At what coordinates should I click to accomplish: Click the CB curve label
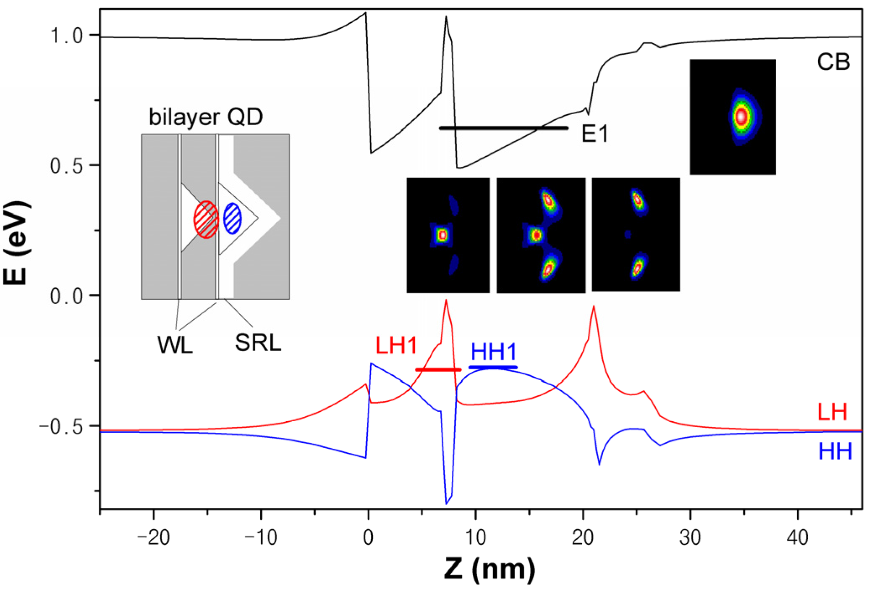[833, 62]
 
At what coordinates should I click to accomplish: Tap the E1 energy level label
[594, 134]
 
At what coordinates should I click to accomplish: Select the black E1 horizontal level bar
[503, 128]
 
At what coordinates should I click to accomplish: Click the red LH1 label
[396, 346]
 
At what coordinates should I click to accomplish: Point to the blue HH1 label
[493, 352]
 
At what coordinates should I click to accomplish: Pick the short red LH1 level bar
[438, 370]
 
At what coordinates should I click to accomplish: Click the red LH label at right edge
[832, 412]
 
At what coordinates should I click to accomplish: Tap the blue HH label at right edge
[835, 451]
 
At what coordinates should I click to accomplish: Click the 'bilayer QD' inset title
[206, 117]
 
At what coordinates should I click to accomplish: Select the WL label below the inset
[175, 345]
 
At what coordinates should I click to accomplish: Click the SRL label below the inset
[258, 342]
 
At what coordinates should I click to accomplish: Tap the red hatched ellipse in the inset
[206, 220]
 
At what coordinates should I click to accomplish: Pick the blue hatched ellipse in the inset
[233, 218]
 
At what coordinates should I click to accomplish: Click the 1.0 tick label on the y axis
[67, 36]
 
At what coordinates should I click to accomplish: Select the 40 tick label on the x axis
[797, 537]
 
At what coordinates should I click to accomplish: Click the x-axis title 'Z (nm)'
[489, 569]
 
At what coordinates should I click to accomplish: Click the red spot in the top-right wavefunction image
[741, 116]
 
